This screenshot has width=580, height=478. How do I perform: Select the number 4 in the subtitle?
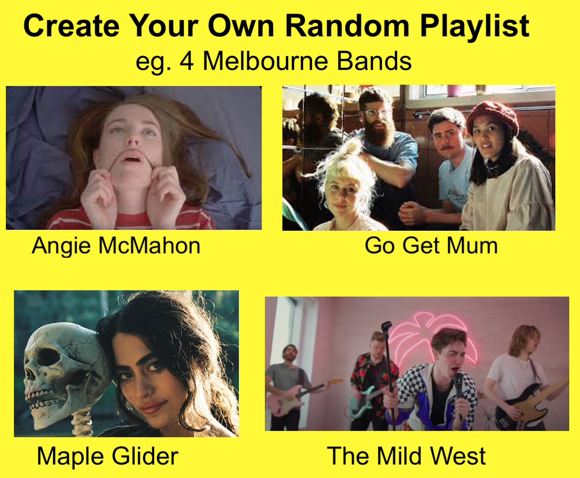pos(186,61)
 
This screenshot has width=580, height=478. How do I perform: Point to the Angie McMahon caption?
pos(116,245)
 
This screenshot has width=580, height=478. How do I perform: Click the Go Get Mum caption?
pos(431,245)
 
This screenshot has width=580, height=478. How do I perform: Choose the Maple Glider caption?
pos(107,456)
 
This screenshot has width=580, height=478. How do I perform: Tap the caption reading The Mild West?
pos(406,456)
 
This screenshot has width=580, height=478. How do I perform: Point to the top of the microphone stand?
pos(386,325)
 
